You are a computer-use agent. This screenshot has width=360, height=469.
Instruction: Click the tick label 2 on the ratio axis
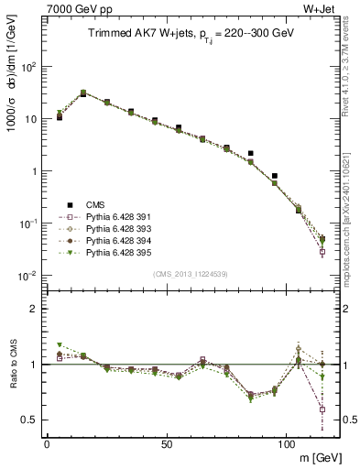(33, 309)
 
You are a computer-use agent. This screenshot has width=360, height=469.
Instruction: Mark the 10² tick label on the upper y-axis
(27, 67)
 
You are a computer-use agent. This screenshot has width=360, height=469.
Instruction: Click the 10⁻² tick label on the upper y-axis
(27, 276)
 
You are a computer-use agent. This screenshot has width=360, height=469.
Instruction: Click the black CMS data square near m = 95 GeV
(274, 175)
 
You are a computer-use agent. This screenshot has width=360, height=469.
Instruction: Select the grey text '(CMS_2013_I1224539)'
(190, 272)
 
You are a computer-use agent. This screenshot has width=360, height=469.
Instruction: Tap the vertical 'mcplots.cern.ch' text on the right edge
(352, 220)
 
